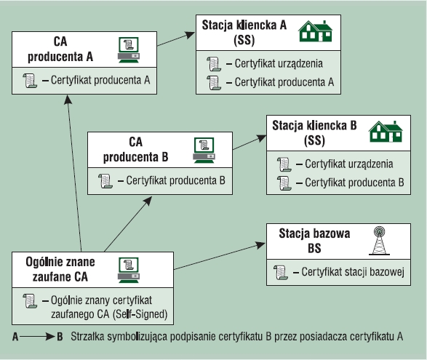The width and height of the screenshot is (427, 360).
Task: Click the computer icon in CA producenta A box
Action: click(129, 50)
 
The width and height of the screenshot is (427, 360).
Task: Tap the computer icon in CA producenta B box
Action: click(204, 151)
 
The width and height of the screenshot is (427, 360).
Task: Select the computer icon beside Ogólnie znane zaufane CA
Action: click(129, 270)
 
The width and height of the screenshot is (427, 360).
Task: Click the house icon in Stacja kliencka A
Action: click(316, 31)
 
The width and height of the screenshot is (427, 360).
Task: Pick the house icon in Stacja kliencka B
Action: click(386, 132)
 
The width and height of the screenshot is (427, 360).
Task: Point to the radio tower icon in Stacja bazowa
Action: click(379, 241)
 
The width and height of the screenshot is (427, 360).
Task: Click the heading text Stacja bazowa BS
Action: click(314, 241)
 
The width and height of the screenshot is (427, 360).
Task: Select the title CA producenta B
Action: click(135, 150)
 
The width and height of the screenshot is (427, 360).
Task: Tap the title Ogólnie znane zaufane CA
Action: click(60, 269)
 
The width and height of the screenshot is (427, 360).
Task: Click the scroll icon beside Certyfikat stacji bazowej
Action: click(281, 272)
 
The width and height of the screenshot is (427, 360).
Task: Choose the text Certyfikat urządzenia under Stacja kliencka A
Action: click(279, 63)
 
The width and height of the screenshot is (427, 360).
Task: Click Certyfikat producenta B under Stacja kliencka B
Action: click(354, 183)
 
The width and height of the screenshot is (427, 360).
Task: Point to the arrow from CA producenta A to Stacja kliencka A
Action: click(176, 39)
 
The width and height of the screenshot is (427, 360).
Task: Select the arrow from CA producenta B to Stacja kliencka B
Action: click(250, 142)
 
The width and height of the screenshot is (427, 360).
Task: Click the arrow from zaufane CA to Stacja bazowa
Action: click(220, 256)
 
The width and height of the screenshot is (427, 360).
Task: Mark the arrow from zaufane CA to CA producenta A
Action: click(74, 173)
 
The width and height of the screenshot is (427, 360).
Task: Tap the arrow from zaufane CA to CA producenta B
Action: click(128, 224)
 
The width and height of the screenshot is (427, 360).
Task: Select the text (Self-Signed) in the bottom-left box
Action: click(140, 314)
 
